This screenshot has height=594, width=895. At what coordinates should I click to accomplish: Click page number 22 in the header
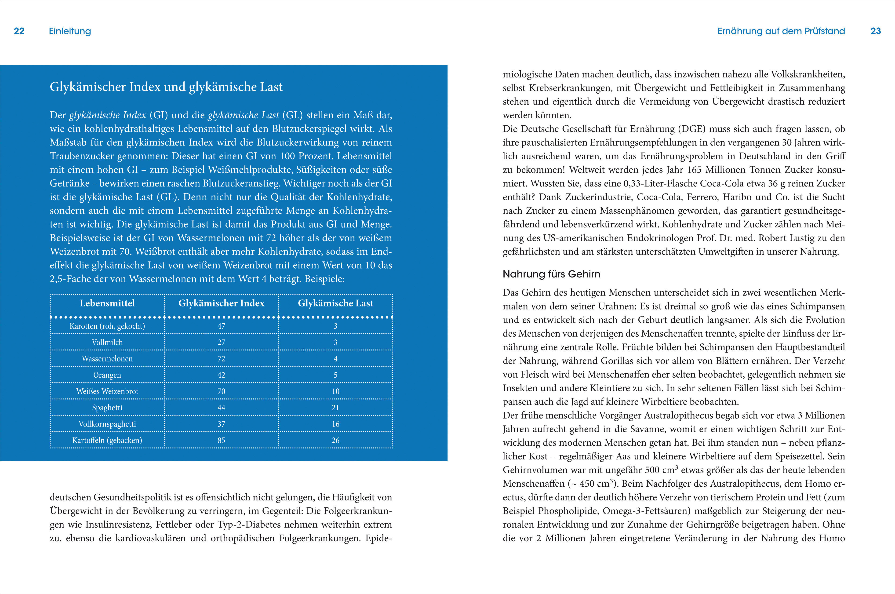click(19, 31)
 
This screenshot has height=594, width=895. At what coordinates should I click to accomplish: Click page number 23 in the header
click(876, 31)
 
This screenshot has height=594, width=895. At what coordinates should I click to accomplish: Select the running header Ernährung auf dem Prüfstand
click(781, 31)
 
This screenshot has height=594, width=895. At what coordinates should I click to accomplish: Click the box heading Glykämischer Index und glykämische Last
click(166, 87)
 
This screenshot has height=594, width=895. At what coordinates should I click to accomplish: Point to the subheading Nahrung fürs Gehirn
click(551, 274)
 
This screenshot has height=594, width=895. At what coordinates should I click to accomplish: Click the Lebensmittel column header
click(107, 303)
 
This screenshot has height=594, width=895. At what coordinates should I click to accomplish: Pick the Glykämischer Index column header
click(221, 303)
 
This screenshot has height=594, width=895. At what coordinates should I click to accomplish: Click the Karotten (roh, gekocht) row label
click(107, 326)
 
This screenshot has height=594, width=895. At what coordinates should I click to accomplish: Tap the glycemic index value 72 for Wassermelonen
click(221, 359)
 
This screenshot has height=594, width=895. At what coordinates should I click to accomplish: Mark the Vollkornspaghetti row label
click(107, 424)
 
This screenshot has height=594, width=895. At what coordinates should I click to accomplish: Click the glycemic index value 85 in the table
click(221, 440)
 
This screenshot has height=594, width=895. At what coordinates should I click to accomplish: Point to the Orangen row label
click(107, 375)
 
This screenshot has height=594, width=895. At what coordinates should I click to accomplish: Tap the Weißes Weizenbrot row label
click(107, 391)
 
